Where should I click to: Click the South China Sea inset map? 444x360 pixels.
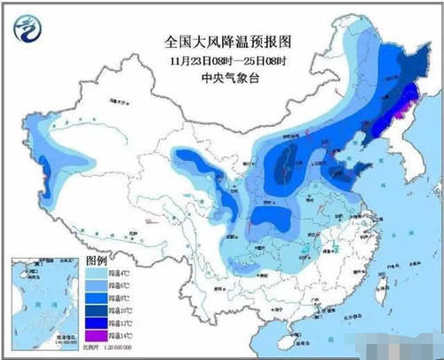[x=35, y=306]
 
